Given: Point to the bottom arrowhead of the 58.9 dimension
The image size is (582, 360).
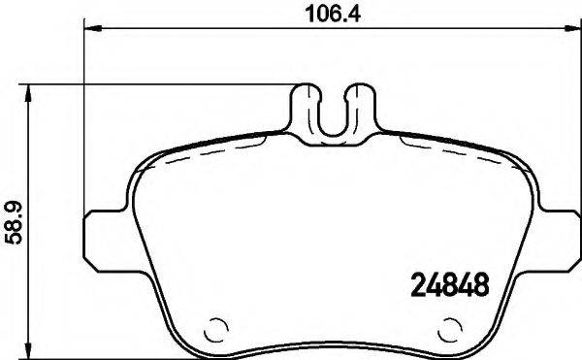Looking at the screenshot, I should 29,351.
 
